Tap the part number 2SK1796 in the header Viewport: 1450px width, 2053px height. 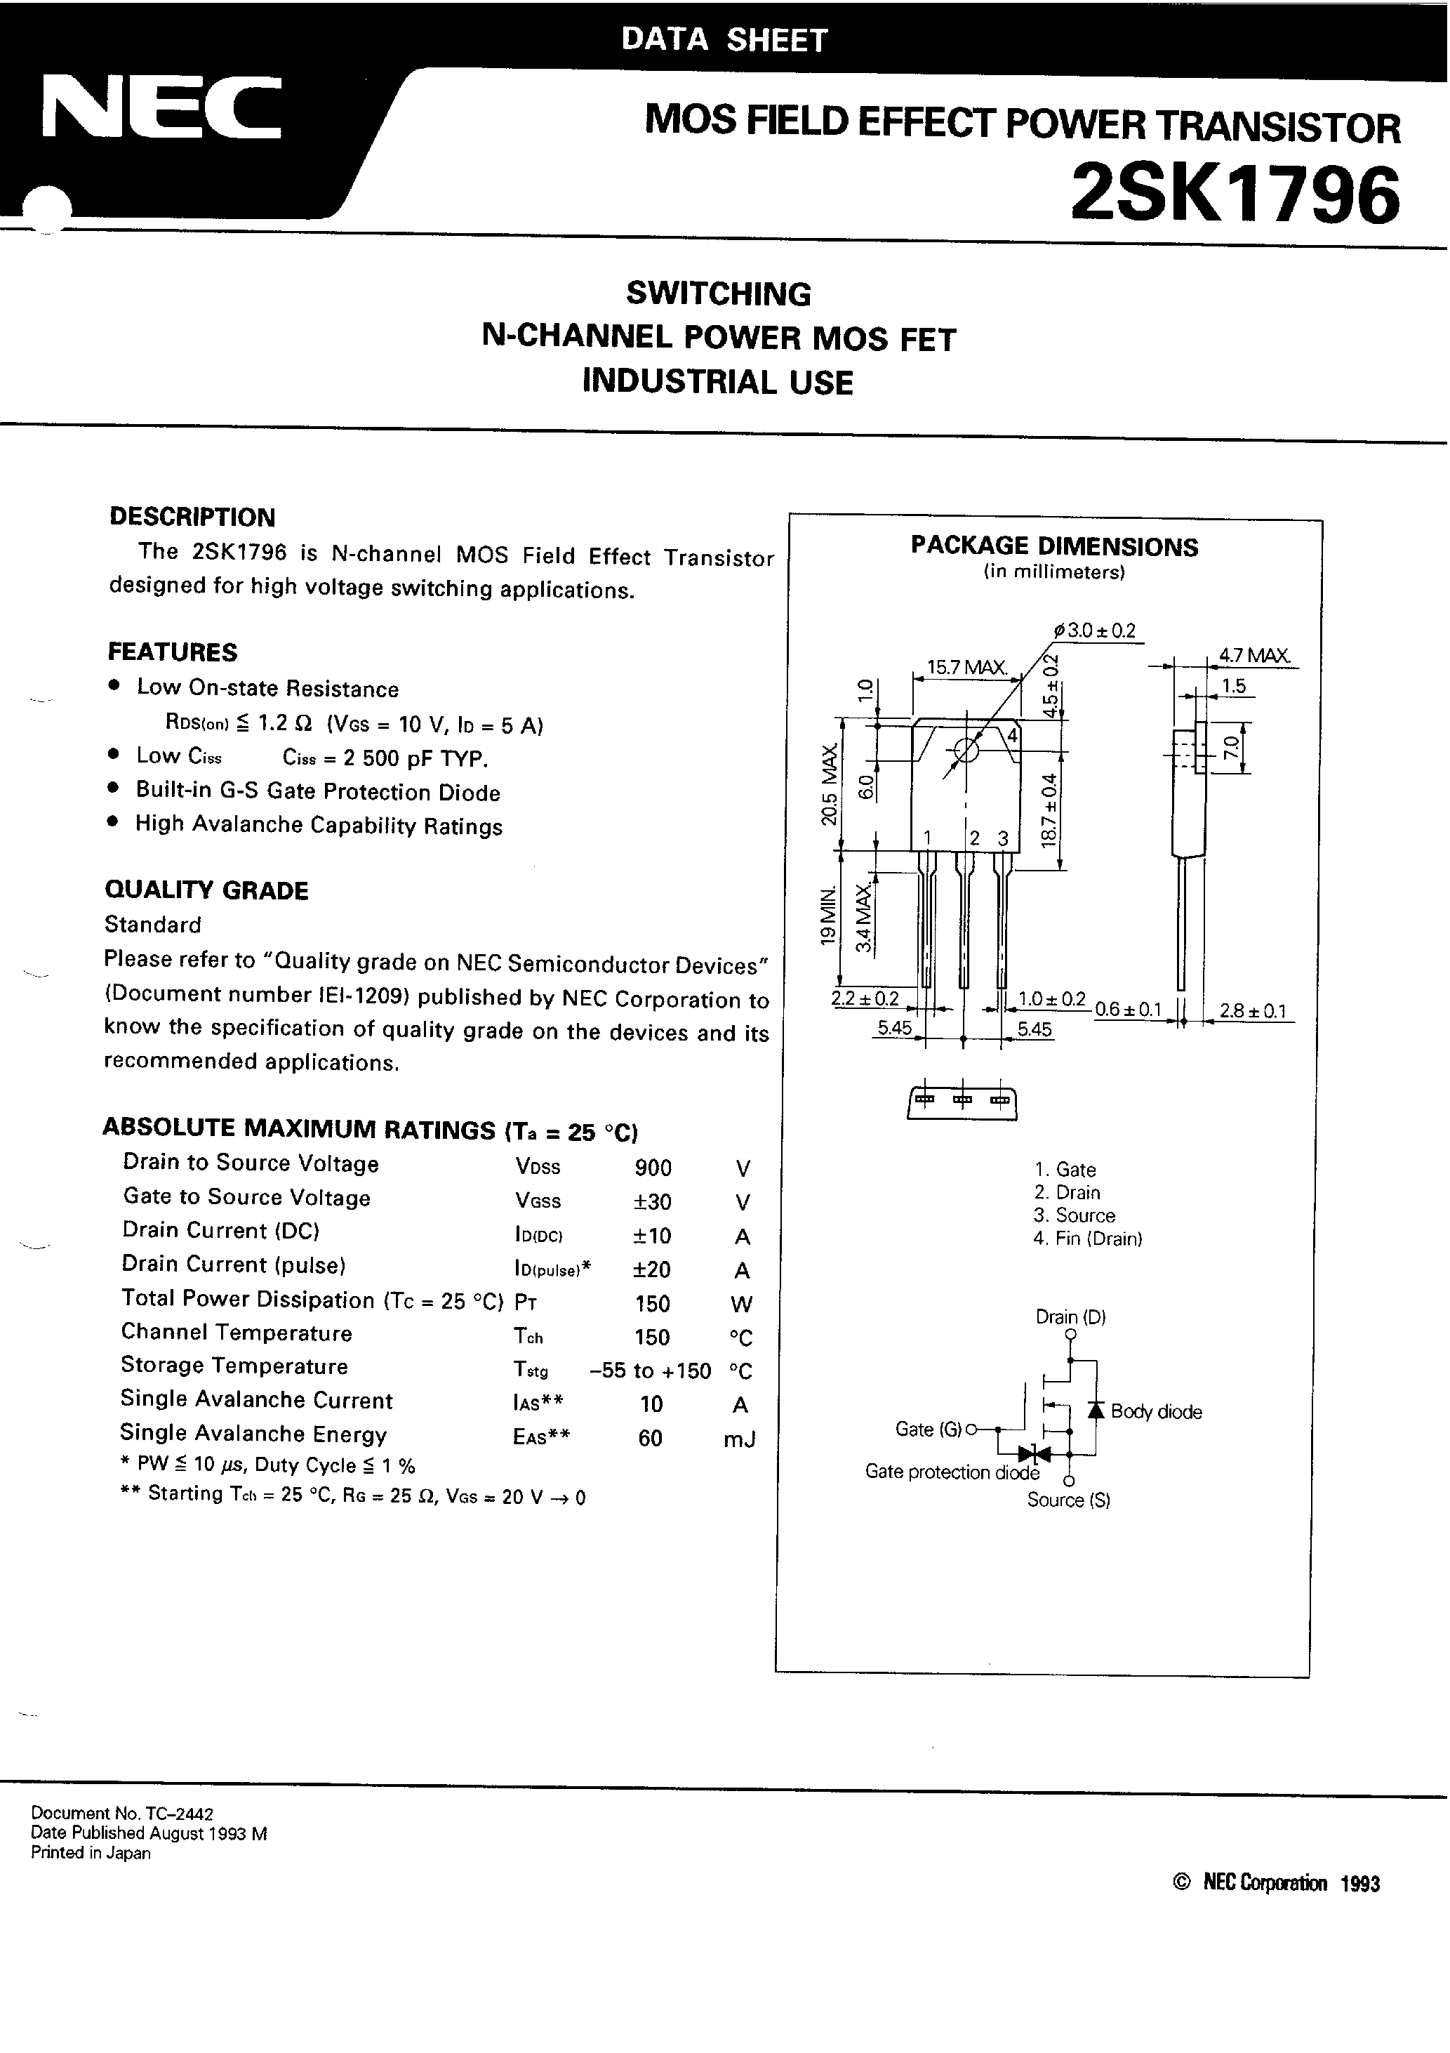click(1235, 196)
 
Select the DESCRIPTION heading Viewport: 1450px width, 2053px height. click(192, 517)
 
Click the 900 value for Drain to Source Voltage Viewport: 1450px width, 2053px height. click(653, 1168)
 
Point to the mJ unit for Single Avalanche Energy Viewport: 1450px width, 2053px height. click(740, 1439)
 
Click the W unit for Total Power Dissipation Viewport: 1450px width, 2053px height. click(741, 1304)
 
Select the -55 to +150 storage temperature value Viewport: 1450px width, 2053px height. click(651, 1371)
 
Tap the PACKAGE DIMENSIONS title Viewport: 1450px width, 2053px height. click(1054, 546)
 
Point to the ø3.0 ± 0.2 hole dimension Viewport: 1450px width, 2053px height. click(1095, 631)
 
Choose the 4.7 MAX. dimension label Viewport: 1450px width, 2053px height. click(1254, 655)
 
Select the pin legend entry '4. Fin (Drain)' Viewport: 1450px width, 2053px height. click(1087, 1239)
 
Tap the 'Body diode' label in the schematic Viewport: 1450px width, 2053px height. click(1156, 1412)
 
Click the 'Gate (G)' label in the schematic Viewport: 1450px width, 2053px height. click(928, 1429)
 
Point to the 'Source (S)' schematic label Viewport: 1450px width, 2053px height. click(1068, 1500)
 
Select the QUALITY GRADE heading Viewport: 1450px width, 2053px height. click(206, 890)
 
